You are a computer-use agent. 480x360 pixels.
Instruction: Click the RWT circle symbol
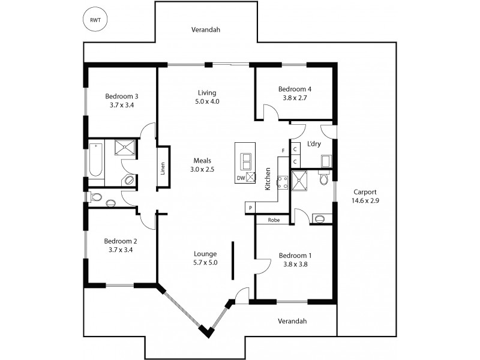pos(95,20)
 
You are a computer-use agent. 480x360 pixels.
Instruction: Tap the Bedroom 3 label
pos(122,96)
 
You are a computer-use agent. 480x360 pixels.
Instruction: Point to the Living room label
pos(207,92)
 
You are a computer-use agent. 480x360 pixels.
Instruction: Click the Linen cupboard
pos(163,169)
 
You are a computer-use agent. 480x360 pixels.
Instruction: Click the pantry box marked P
pos(250,208)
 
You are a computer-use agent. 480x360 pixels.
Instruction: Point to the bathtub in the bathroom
pos(95,160)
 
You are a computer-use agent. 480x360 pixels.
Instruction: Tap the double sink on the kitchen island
pos(246,161)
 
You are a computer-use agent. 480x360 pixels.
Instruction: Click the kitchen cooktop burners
pos(283,181)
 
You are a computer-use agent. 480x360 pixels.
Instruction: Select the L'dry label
pos(313,145)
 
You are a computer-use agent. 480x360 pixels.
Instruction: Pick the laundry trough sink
pos(326,161)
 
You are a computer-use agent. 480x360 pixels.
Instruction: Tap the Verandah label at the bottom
pos(292,321)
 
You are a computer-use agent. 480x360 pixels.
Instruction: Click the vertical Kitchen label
pos(268,179)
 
